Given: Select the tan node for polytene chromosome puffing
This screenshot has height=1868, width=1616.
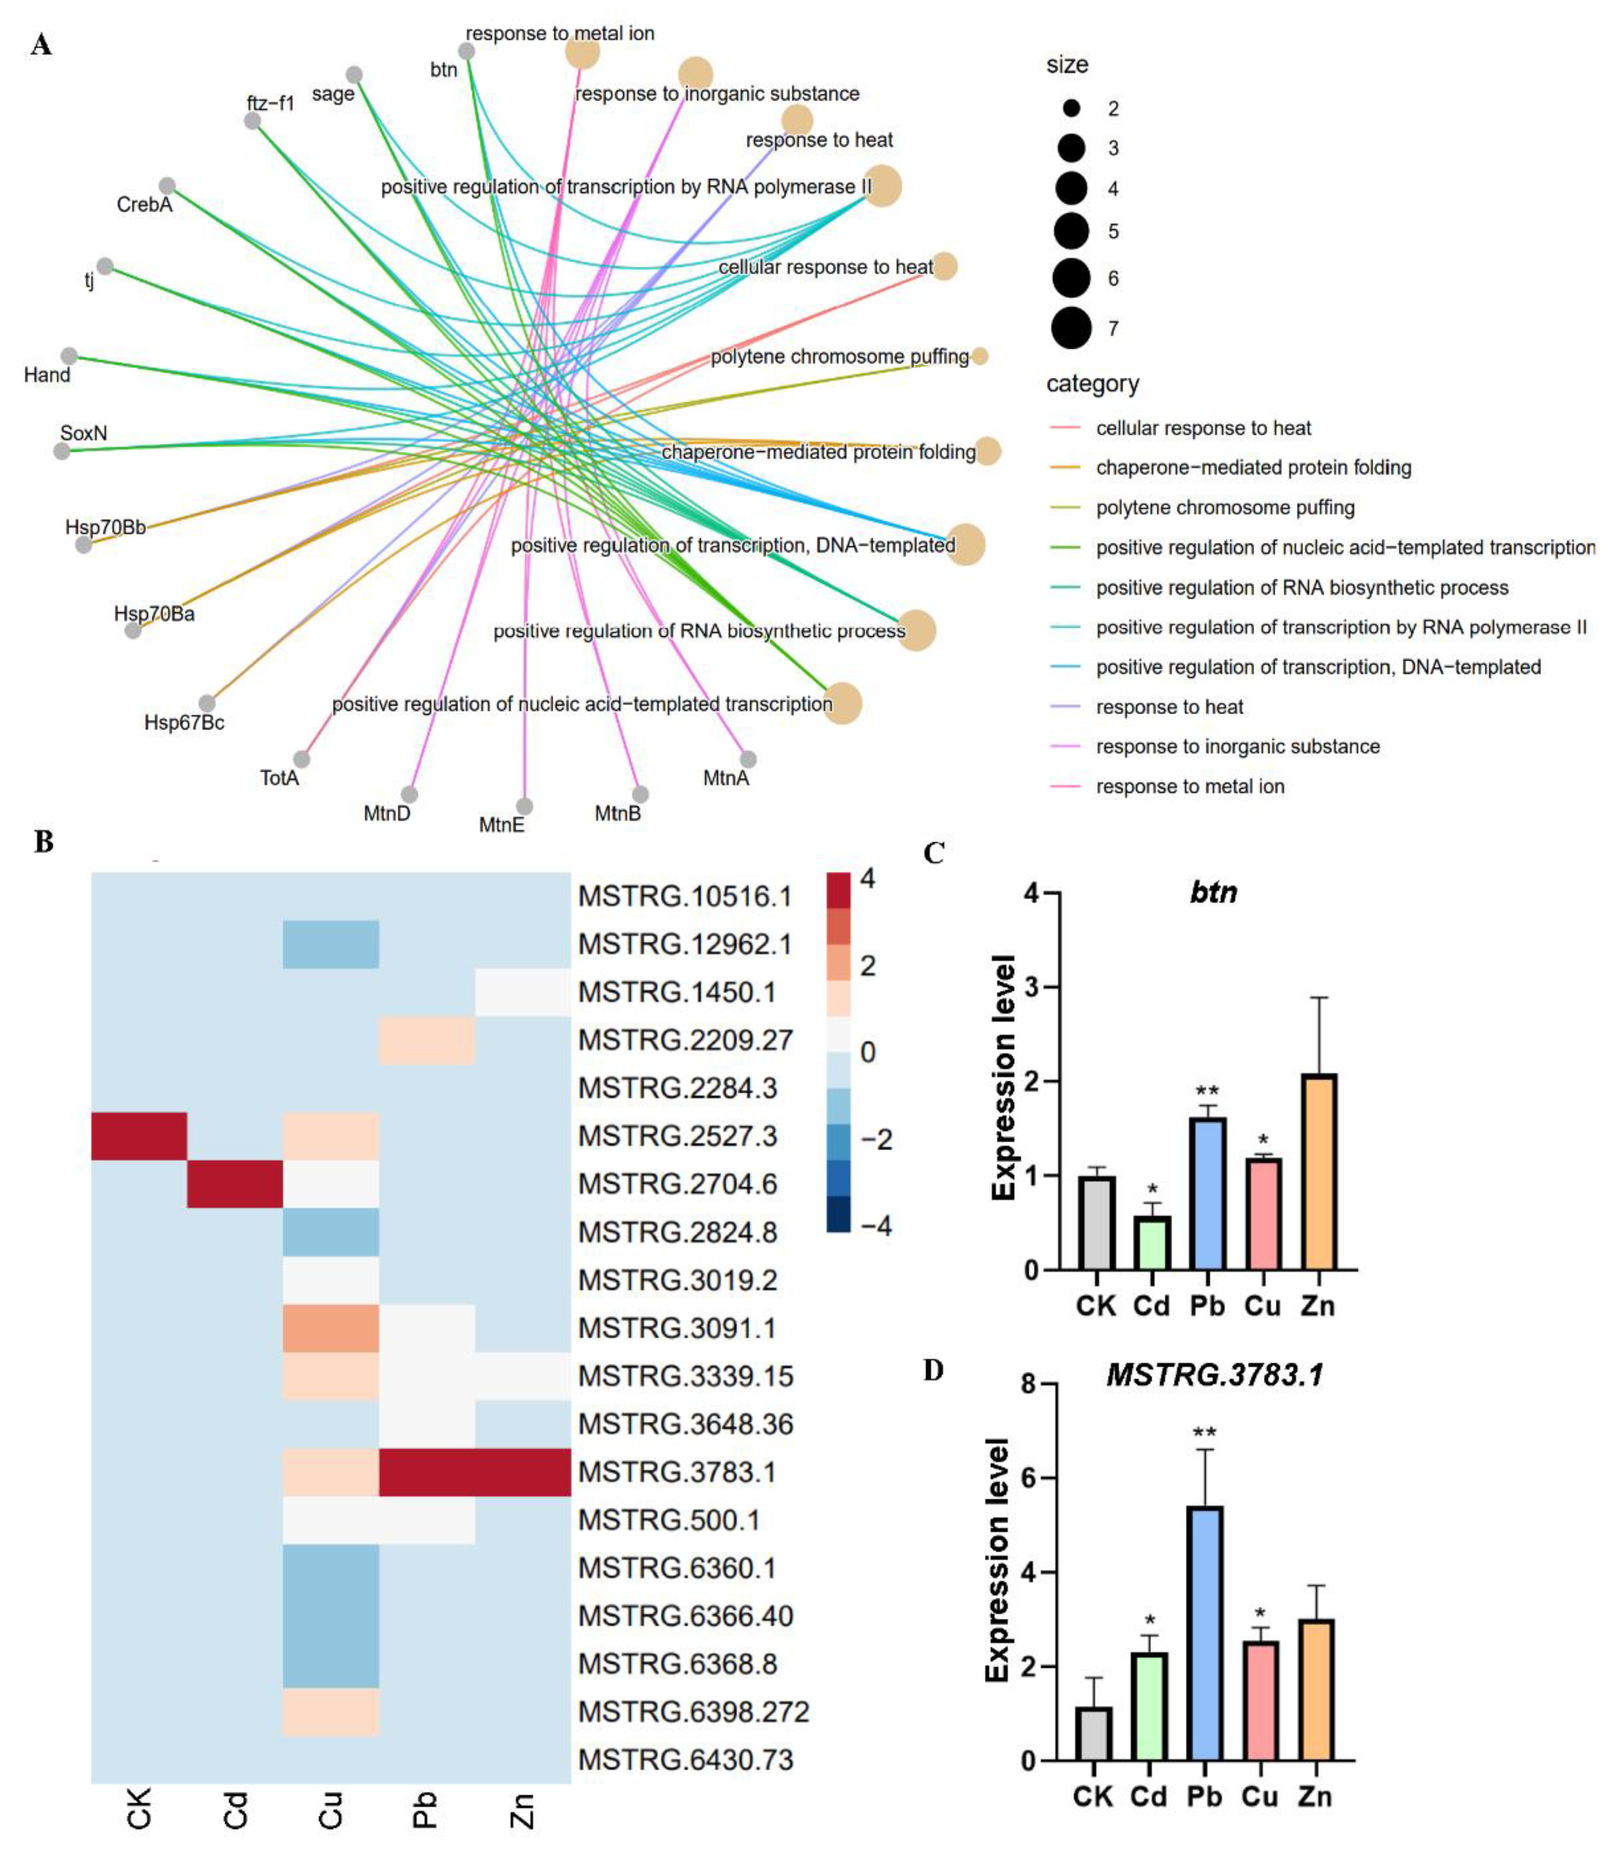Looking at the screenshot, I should [980, 356].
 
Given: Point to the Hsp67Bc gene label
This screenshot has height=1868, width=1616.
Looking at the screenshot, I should [184, 722].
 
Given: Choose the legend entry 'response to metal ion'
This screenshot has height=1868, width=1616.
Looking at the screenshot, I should [1189, 786].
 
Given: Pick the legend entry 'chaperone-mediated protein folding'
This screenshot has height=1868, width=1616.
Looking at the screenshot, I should [1253, 467].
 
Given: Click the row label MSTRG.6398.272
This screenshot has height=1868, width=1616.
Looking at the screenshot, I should [694, 1711].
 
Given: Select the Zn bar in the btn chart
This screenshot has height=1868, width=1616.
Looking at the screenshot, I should [1319, 1172].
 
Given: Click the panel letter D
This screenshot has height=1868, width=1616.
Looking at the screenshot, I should [933, 1370].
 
